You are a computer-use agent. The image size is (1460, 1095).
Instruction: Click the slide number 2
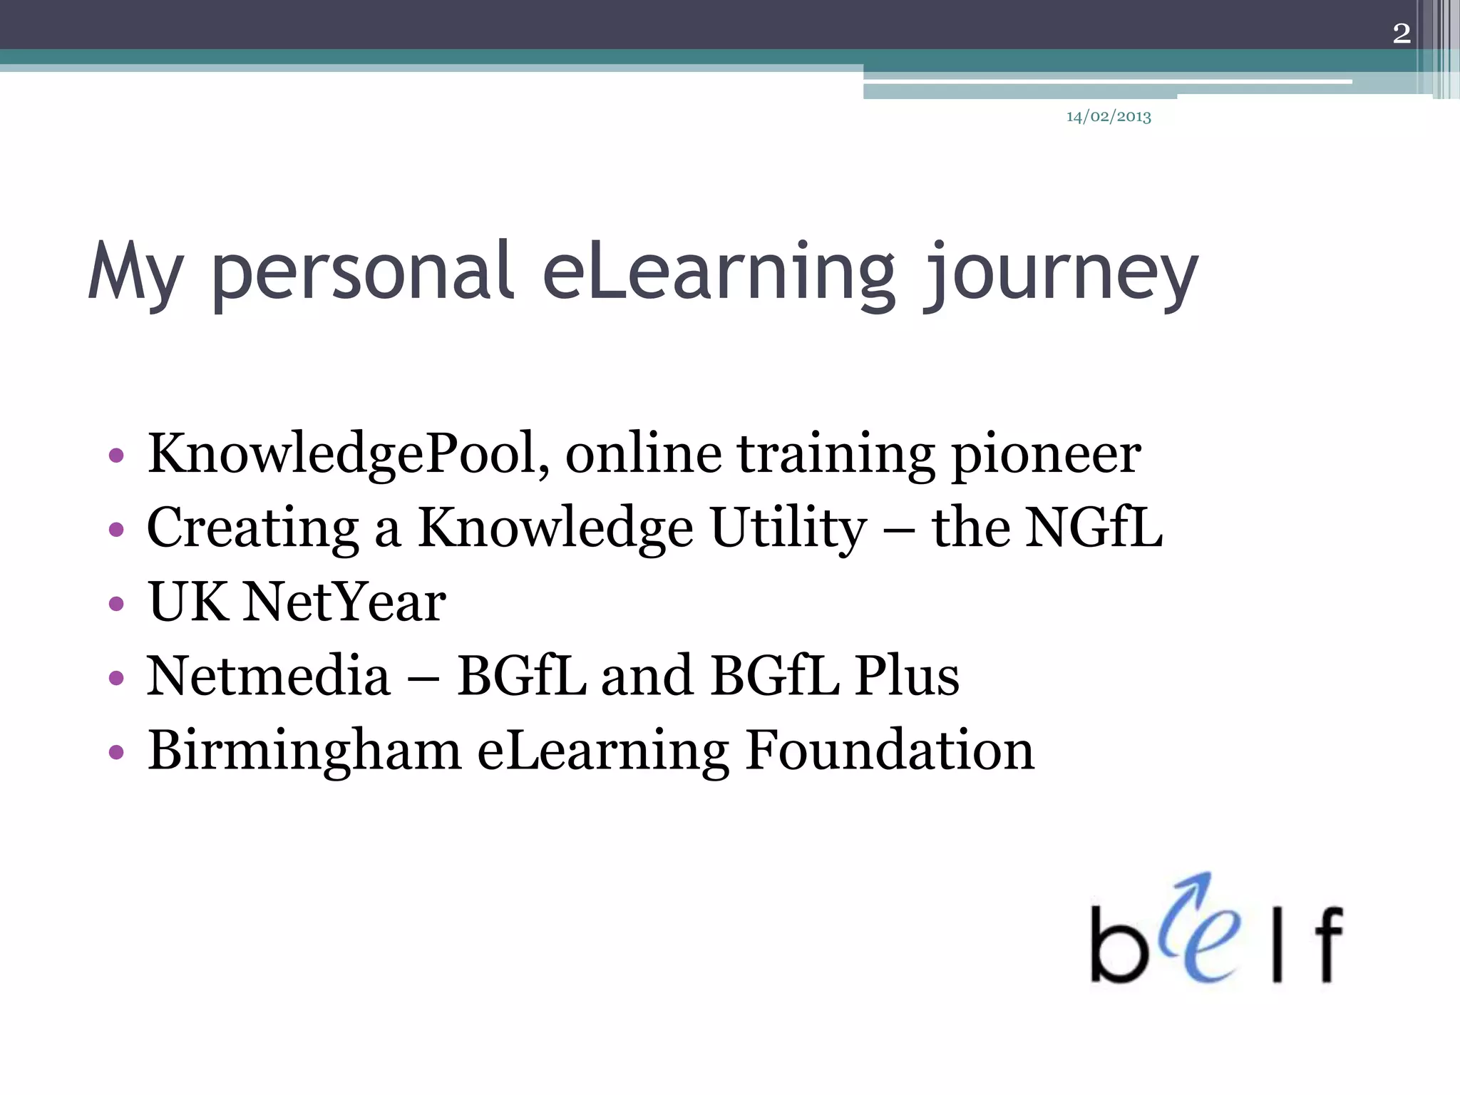(1401, 34)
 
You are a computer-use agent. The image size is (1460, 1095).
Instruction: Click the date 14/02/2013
(1109, 117)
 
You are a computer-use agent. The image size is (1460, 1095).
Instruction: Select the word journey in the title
(1061, 274)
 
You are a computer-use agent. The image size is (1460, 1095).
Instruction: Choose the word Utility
(788, 529)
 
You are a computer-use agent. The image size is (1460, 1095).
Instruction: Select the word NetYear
(344, 602)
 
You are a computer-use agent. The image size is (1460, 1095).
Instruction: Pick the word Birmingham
(304, 751)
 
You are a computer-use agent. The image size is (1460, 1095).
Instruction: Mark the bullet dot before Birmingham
(116, 753)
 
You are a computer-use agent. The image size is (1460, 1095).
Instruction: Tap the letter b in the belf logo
(1118, 945)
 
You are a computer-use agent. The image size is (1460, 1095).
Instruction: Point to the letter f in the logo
(1327, 944)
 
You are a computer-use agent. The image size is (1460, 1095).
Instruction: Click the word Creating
(252, 529)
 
